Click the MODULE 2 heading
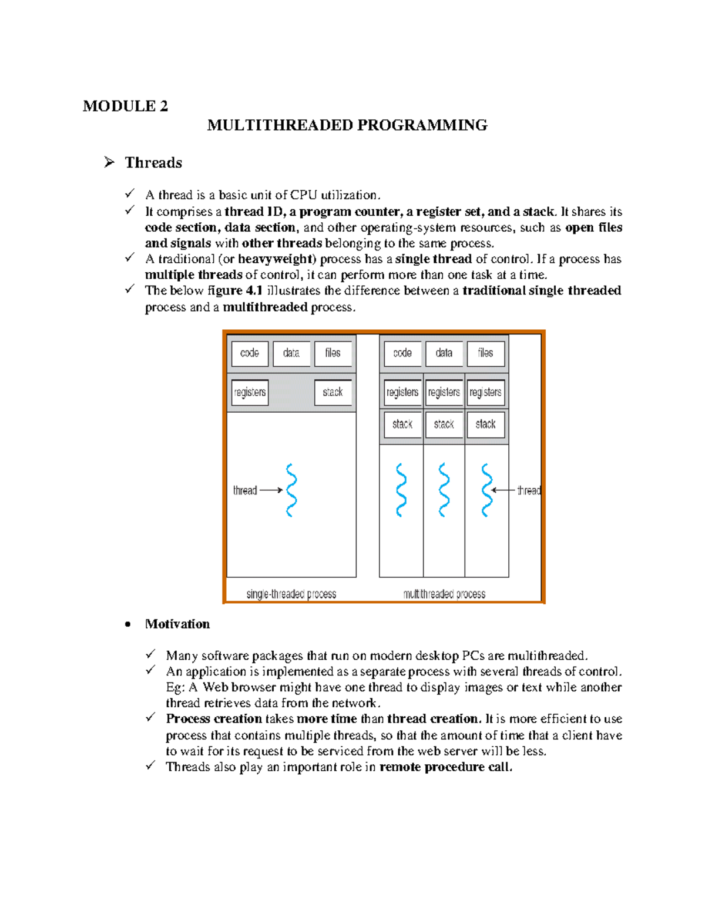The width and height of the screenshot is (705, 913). tap(125, 106)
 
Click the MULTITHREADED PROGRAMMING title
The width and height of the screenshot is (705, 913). tap(347, 125)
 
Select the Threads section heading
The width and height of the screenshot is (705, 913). tap(153, 163)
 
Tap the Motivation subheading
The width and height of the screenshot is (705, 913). tap(177, 624)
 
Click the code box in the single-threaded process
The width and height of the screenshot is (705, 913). tap(250, 353)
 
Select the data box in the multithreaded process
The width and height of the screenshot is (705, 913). tap(444, 353)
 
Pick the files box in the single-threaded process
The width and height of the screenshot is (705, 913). tap(333, 353)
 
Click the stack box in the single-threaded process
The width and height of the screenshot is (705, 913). tap(333, 393)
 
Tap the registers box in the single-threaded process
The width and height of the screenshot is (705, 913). tap(250, 393)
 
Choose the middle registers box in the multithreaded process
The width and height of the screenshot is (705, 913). tap(444, 393)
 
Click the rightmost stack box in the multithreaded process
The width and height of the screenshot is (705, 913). tap(485, 424)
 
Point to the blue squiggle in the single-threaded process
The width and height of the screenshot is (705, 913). tap(291, 490)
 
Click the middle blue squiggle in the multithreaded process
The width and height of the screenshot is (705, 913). tap(444, 490)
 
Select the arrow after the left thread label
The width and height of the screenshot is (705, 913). tap(271, 490)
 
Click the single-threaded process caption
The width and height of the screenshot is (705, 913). tap(291, 594)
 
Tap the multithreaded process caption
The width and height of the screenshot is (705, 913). tap(444, 594)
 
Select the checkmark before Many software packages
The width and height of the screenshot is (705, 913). tap(151, 654)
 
